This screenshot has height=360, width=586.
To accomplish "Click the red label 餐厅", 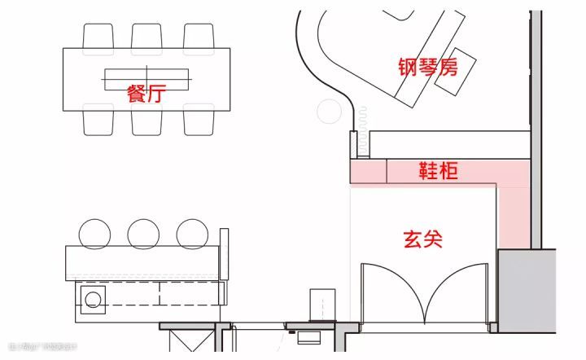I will pos(146,93).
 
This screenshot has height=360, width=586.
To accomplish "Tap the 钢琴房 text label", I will pos(427,67).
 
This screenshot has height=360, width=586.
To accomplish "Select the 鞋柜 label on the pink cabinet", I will pos(438,171).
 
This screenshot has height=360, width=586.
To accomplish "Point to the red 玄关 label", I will pos(422,239).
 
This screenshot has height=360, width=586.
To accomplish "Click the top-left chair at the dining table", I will pos(98,36).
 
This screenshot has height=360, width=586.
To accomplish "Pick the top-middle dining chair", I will pos(146,36).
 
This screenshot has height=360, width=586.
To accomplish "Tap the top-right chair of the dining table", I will pos(198,36).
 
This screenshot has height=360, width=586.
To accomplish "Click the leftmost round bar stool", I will pos(94,233).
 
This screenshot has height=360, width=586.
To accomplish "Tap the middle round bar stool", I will pos(142,233).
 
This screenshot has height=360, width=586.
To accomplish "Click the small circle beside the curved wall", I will pos(330,111).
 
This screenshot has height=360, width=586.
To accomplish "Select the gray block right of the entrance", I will pos(527,290).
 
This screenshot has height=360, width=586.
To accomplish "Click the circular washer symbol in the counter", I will pos(93,299).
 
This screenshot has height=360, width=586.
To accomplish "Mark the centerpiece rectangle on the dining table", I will pos(146,78).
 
